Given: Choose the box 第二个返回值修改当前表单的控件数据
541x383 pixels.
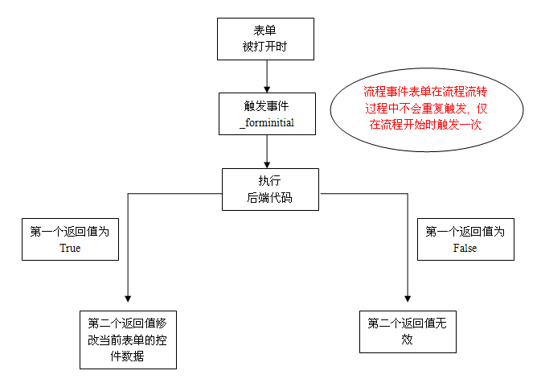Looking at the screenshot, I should pyautogui.click(x=128, y=339).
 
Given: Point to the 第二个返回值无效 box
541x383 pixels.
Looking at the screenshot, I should pyautogui.click(x=408, y=331).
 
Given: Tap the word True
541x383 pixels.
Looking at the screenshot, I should pyautogui.click(x=70, y=249).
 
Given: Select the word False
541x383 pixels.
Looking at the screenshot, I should pyautogui.click(x=465, y=249).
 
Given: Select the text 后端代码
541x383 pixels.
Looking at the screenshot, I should pyautogui.click(x=270, y=196).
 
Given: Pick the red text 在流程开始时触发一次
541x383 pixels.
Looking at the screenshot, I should pyautogui.click(x=427, y=126).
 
